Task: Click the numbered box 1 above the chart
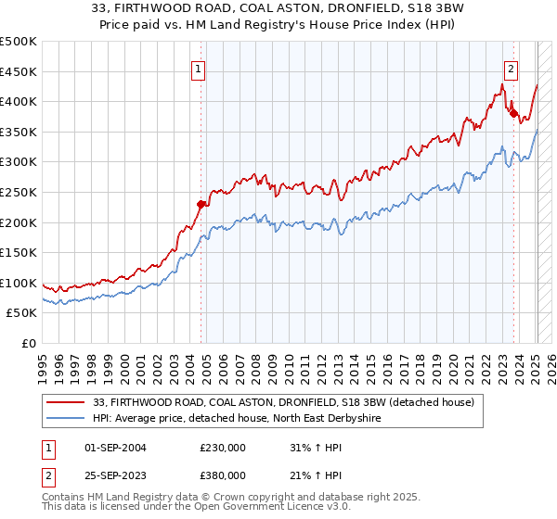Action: tap(200, 68)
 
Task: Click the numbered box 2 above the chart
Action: tap(512, 68)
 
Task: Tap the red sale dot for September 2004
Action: tap(201, 204)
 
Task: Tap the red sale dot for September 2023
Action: tap(513, 114)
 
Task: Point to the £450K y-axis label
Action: tap(19, 71)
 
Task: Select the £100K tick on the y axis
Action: tap(19, 283)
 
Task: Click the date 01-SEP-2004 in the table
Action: tap(116, 448)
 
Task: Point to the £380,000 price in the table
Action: tap(223, 475)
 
